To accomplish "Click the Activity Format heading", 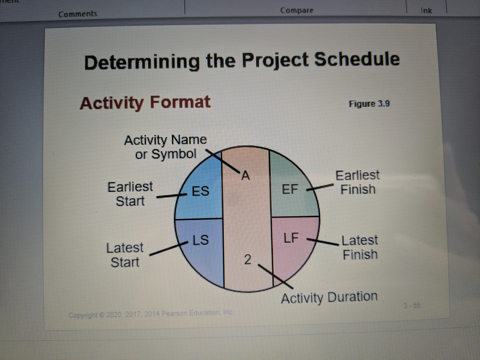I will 145,102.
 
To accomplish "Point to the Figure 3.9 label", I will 369,104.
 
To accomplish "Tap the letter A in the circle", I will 245,176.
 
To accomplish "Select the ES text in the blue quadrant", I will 200,191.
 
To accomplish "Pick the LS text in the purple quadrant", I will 200,239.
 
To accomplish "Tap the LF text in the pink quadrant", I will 291,236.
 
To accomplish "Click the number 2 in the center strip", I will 247,260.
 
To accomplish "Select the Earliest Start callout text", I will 130,193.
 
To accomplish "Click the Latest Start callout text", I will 125,255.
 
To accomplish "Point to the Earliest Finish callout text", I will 358,182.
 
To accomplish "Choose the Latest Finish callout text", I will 360,247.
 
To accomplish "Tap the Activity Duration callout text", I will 329,298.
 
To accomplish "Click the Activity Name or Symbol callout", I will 165,147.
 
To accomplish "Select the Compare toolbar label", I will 297,10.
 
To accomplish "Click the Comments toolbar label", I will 78,14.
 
